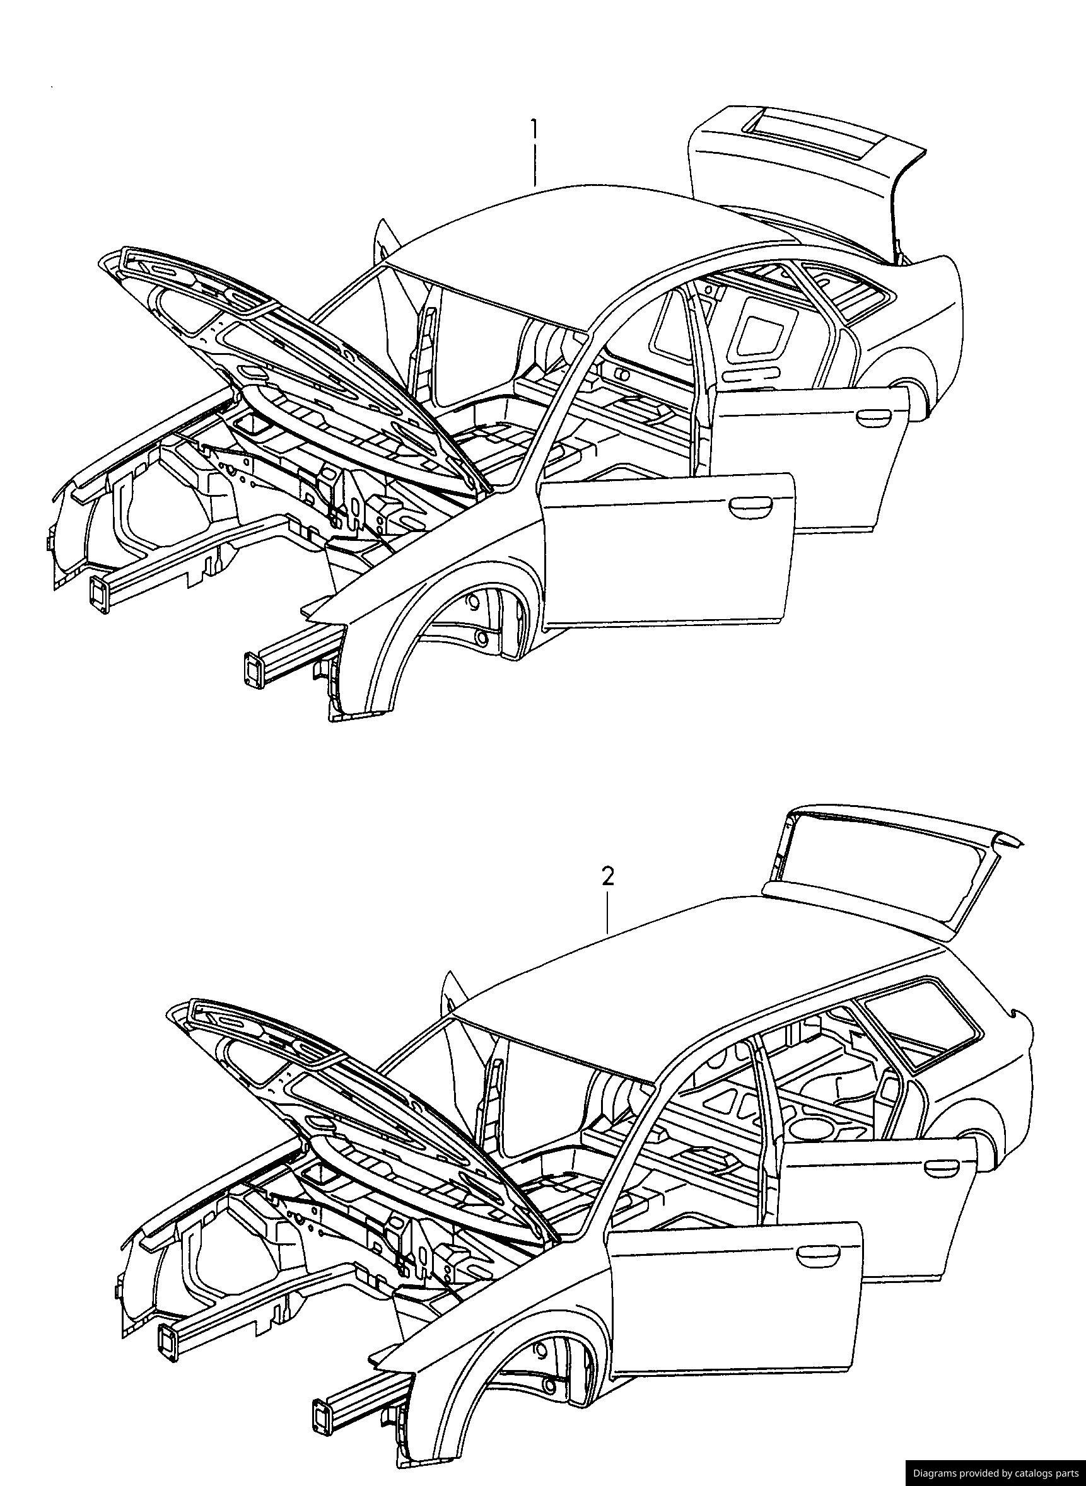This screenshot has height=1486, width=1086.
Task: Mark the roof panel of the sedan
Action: point(592,243)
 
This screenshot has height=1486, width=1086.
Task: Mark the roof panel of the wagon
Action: point(690,973)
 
